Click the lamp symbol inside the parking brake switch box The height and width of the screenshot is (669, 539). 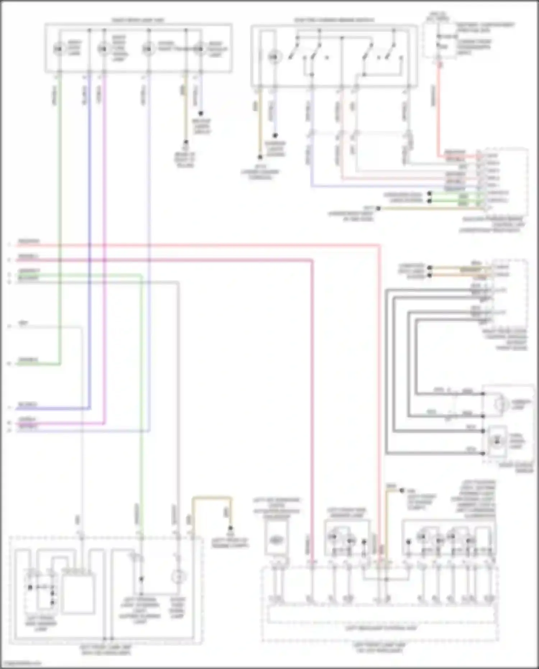(274, 57)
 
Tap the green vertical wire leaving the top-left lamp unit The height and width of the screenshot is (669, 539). (60, 216)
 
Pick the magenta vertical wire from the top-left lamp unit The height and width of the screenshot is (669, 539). (105, 216)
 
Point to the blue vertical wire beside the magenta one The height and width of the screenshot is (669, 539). (89, 216)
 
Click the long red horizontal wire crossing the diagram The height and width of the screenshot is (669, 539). (216, 246)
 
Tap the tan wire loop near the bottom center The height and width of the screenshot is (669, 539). (212, 498)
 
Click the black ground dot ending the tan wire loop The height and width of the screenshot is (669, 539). (230, 528)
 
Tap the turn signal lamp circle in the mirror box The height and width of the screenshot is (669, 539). (497, 441)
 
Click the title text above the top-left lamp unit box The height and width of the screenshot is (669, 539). (138, 20)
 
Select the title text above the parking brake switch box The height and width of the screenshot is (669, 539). (334, 20)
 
